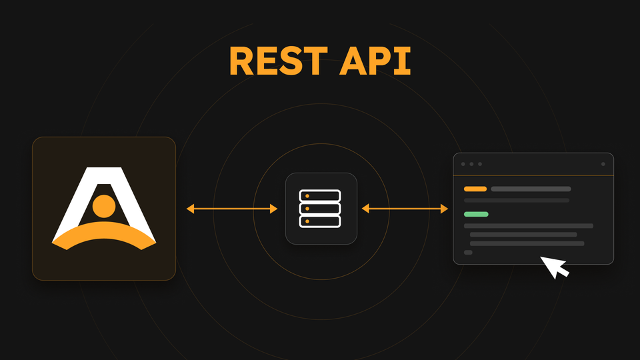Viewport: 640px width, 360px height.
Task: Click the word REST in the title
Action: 279,61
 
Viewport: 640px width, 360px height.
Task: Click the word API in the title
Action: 375,61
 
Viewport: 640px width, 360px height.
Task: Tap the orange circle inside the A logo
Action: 104,206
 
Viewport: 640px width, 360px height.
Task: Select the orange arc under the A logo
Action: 104,234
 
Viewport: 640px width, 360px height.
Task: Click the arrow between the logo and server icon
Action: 232,209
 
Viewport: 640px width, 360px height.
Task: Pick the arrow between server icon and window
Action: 405,209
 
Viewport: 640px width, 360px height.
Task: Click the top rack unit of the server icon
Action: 320,196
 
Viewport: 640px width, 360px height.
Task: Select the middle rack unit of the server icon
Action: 320,209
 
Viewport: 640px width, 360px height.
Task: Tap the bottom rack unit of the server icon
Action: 320,221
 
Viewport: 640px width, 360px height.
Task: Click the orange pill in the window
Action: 475,189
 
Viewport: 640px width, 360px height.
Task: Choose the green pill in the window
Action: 476,214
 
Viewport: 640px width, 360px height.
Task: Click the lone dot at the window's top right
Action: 603,164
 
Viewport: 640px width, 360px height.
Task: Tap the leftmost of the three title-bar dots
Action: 463,164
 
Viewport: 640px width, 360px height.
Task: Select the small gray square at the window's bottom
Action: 468,253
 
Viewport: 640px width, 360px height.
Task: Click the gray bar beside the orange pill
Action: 531,189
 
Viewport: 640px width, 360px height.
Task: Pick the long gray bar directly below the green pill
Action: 529,226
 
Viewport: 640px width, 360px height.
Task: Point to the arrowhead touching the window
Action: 444,209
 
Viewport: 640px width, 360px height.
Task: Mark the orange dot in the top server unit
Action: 307,196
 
